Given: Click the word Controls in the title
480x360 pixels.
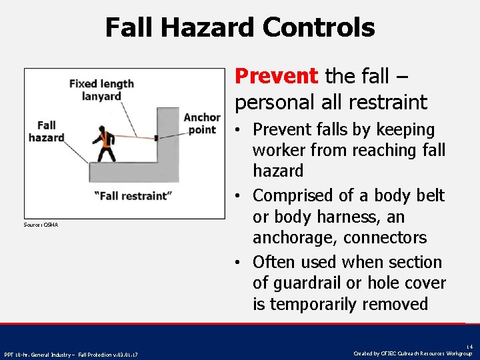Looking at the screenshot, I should tap(319, 28).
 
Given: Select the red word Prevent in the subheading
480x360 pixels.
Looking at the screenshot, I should tap(277, 76).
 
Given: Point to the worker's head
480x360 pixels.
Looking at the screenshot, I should tap(102, 129).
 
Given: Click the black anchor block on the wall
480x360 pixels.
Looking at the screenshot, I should tap(156, 138).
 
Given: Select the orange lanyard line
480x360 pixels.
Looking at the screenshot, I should tap(133, 137).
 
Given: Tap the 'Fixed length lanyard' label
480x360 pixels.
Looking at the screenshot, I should tap(101, 90).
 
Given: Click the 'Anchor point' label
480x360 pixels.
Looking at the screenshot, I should tap(201, 123).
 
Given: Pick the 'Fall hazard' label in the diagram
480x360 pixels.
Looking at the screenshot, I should tap(47, 131).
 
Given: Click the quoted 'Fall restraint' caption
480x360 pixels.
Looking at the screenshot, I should tap(133, 195).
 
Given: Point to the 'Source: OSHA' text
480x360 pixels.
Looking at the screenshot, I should tap(42, 225).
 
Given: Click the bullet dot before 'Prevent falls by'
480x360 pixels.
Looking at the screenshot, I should tap(239, 129).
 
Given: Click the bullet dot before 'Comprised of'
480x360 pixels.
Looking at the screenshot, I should tap(239, 196).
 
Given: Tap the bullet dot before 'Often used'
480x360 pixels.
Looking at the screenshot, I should tap(239, 263).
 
